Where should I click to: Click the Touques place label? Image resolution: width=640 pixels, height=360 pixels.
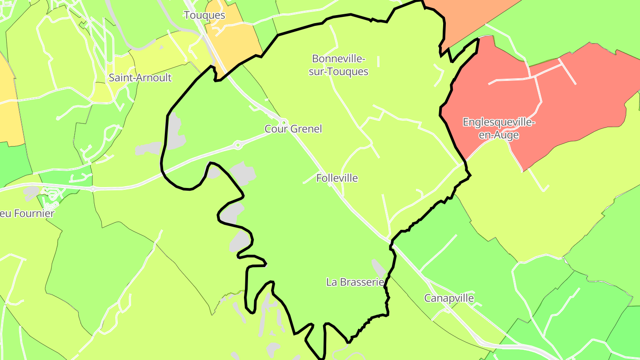[204, 15]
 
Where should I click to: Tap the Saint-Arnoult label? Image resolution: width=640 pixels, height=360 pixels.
[140, 78]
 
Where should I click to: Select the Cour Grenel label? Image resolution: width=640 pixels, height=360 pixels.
[293, 129]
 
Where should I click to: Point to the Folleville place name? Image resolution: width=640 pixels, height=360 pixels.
[337, 178]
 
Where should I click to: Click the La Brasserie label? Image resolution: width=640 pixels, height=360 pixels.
[355, 282]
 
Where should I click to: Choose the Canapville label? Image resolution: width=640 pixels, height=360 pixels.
[449, 298]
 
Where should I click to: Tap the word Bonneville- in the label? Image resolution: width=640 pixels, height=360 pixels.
[339, 59]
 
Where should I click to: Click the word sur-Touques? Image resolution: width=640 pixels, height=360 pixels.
[339, 72]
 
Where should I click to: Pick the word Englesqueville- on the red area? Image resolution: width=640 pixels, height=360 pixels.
[499, 122]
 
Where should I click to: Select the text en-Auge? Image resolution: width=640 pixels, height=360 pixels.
[499, 135]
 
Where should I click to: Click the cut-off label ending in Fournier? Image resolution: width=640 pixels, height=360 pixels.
[27, 213]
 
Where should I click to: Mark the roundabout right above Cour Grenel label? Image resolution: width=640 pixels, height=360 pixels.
[284, 122]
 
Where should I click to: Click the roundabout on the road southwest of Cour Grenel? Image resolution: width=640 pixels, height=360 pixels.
[238, 144]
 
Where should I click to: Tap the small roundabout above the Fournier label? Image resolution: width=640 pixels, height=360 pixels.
[92, 189]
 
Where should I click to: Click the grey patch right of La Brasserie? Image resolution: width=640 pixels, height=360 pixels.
[379, 268]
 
